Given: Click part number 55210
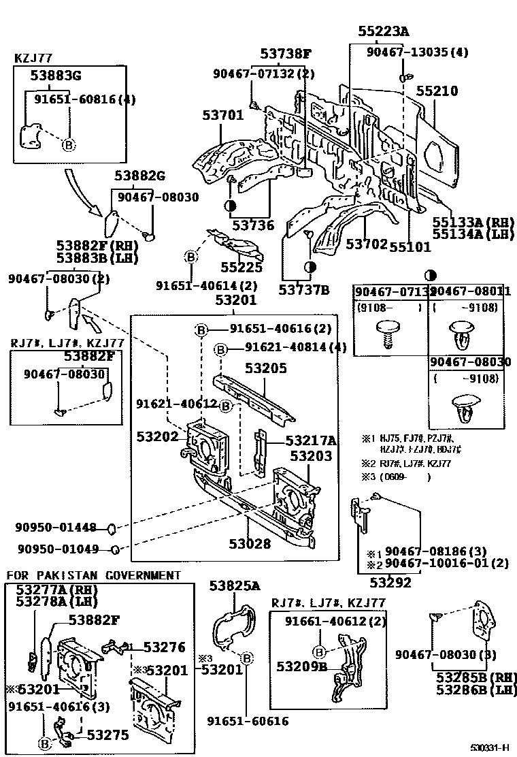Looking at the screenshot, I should point(437,91).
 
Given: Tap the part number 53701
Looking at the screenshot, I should point(222,116).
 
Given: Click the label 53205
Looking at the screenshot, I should point(266,368).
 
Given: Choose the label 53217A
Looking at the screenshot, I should point(310,440).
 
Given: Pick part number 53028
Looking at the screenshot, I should point(250,543).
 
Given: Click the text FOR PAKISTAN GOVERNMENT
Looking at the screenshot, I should point(94,575).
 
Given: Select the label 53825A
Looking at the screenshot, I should point(235,585).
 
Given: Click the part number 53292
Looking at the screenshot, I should point(390,582).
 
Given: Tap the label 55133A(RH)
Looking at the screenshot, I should point(473,223).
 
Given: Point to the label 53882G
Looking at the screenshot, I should point(139,177).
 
